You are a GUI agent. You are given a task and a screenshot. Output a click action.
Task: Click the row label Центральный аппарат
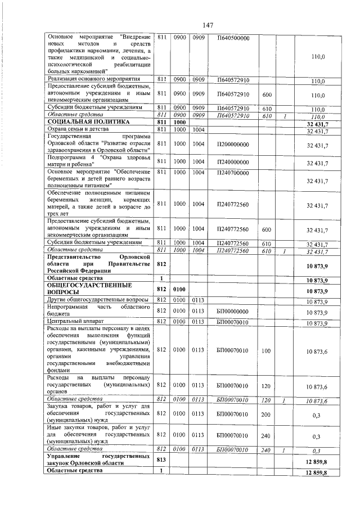point(72,322)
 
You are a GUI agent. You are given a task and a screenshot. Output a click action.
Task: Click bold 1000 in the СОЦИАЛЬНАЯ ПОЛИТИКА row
point(180,122)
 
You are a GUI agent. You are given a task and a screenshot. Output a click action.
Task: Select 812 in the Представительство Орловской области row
point(161,263)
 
